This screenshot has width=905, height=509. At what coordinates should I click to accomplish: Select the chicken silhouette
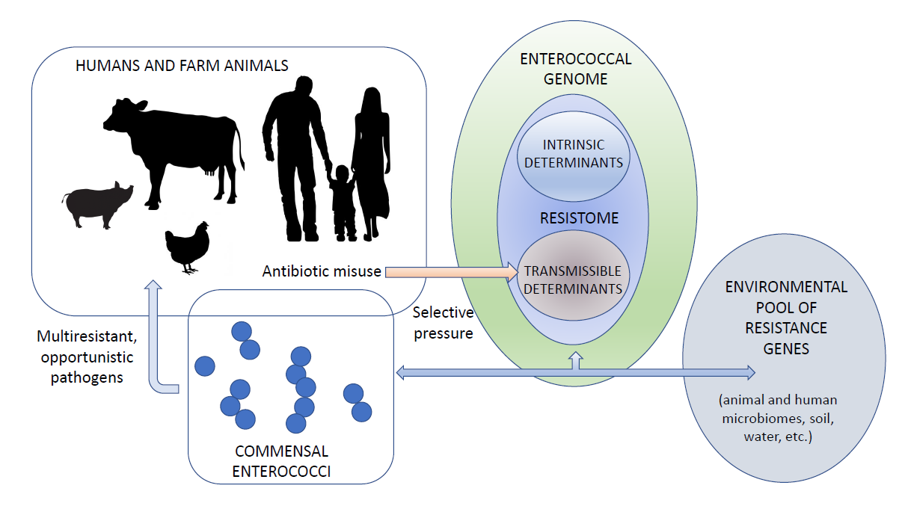coord(187,247)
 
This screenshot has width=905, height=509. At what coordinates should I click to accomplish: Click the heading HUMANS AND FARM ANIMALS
coord(182,66)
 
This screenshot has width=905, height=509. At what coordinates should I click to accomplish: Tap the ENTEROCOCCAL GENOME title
coord(575,68)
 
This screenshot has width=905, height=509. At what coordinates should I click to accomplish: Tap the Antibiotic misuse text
coord(322,271)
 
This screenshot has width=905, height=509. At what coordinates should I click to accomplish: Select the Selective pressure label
coord(443,323)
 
